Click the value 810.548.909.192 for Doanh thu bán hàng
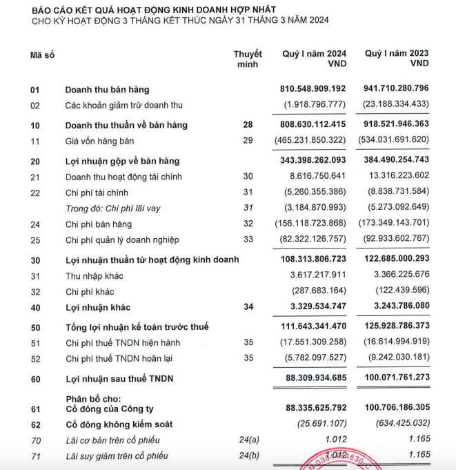(x=314, y=90)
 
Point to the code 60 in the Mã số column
(x=35, y=379)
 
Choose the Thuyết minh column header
(x=248, y=59)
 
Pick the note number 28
(x=248, y=125)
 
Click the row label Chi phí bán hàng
(x=102, y=224)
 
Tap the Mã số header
(x=41, y=54)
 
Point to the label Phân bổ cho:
(x=92, y=399)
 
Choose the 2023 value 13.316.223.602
(x=399, y=177)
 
